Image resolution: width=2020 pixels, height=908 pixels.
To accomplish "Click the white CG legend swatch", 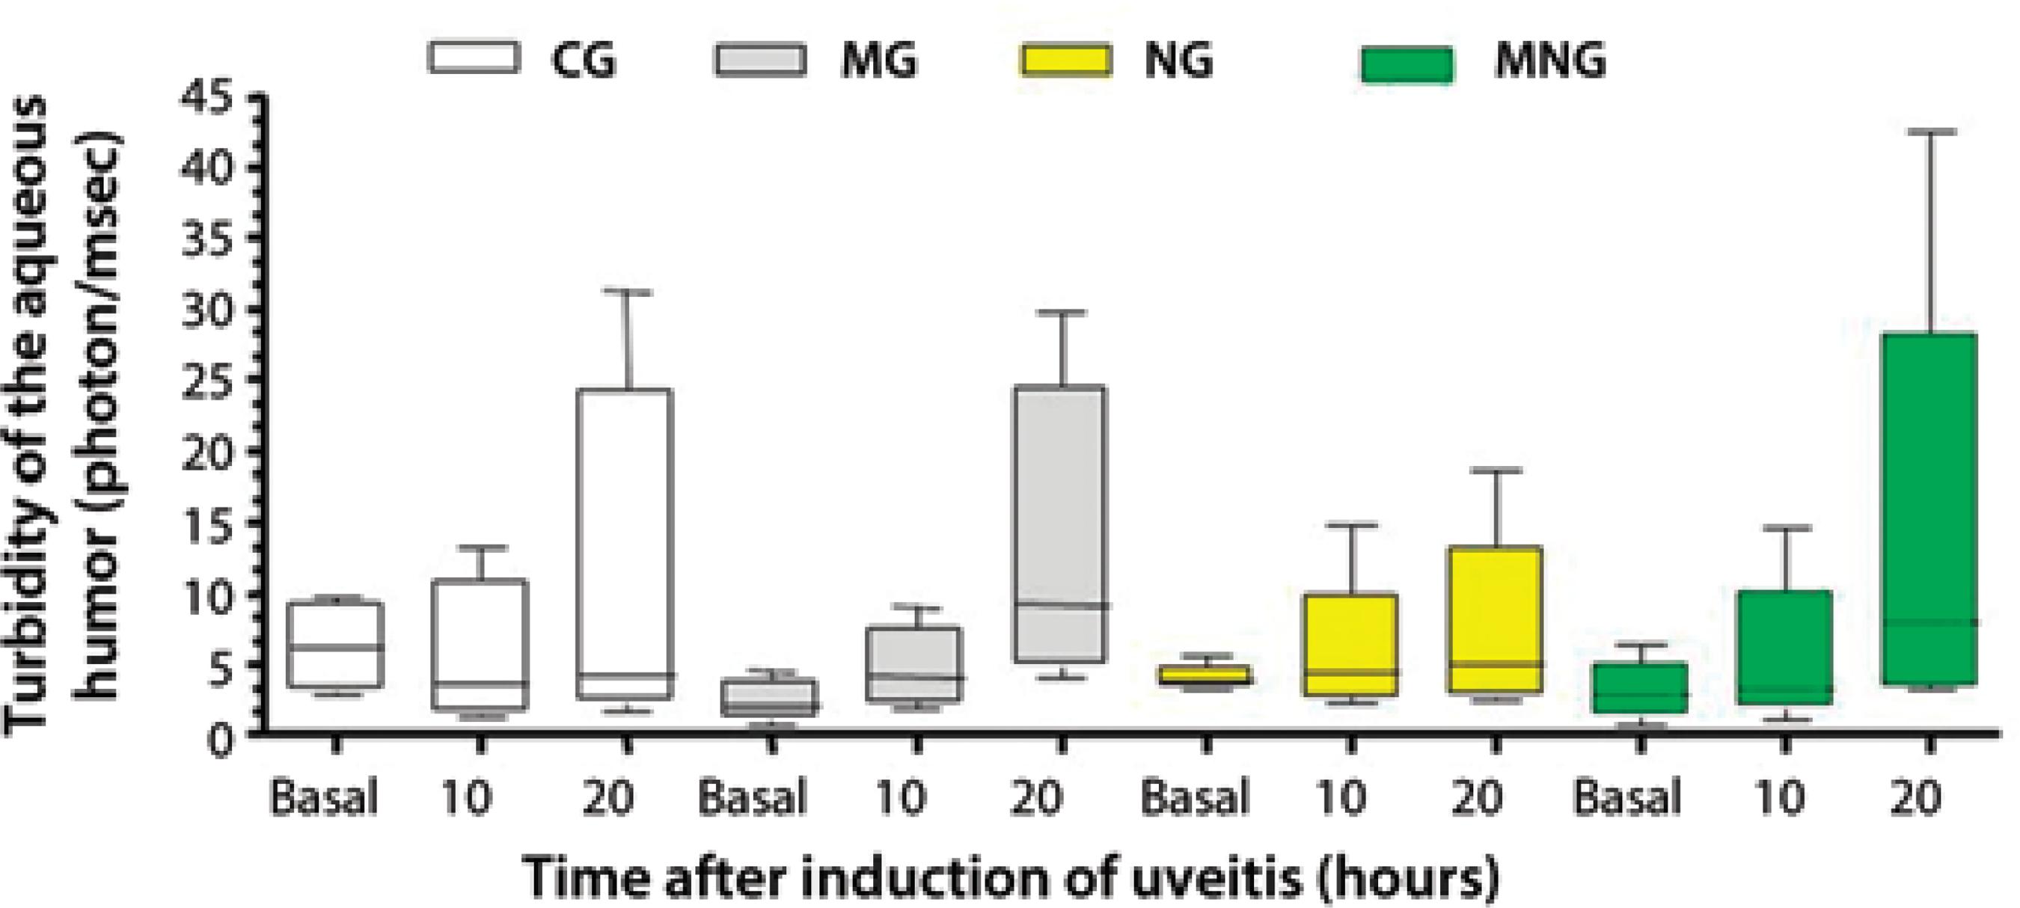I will [474, 58].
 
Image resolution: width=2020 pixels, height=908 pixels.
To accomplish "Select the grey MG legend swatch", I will [760, 59].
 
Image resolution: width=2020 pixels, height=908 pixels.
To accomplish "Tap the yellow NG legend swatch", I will [1065, 60].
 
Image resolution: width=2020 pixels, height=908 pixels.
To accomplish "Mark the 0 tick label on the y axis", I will [222, 740].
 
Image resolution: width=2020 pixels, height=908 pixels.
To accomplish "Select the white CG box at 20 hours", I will [625, 541].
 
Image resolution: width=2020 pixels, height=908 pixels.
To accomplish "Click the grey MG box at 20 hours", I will [1060, 523].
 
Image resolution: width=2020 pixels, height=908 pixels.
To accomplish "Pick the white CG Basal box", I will [335, 645].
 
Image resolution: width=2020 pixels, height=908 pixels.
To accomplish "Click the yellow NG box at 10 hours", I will [1351, 645].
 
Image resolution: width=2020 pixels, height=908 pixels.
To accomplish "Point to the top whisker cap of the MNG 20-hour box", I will [1929, 132].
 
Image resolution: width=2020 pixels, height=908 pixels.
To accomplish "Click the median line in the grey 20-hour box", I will [1060, 604].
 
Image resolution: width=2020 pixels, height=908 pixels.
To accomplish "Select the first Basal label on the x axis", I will [323, 798].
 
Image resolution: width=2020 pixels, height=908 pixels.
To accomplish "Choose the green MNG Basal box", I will [1640, 687].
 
